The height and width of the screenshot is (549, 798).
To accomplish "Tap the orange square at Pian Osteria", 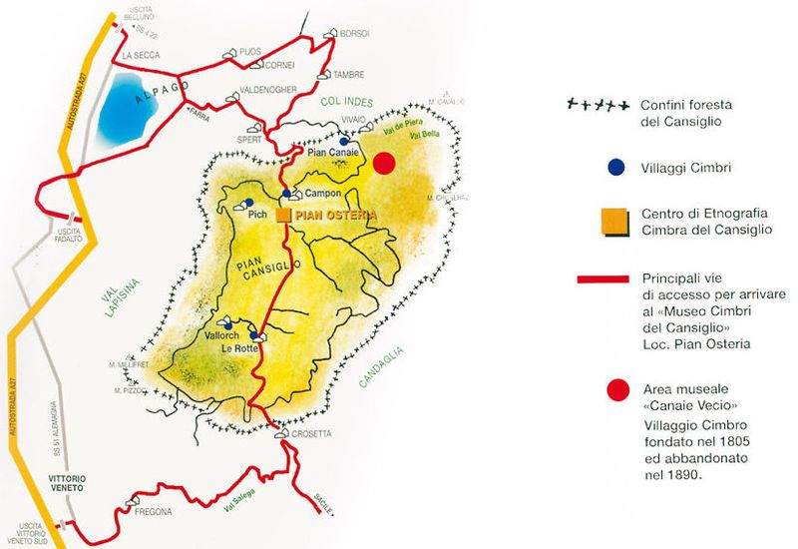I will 283,214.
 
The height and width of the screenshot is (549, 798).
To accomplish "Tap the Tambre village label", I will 348,74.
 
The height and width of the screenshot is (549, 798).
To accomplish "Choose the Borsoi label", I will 354,33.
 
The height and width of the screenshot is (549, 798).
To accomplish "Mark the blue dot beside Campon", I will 286,194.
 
